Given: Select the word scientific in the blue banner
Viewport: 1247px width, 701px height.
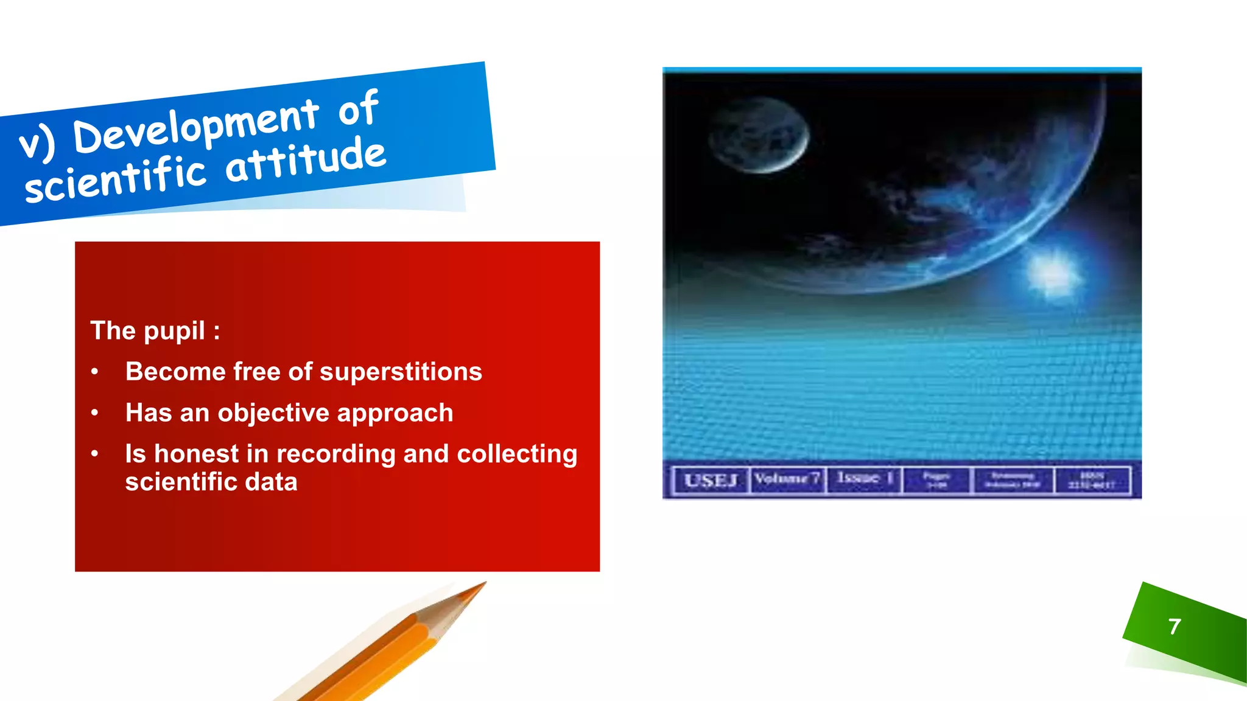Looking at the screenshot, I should [116, 181].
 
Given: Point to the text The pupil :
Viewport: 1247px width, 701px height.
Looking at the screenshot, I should [155, 330].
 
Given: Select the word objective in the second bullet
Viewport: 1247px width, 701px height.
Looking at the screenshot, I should [273, 413].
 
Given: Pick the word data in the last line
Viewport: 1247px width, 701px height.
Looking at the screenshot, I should [270, 482].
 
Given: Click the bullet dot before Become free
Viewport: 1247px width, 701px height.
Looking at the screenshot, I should [94, 372].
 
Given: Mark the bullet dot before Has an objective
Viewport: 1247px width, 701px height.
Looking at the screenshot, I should [94, 413].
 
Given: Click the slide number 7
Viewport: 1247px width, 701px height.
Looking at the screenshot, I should [1175, 626].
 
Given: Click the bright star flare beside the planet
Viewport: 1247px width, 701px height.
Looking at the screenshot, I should [1052, 272].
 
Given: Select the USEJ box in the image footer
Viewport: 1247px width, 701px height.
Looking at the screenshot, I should [711, 480].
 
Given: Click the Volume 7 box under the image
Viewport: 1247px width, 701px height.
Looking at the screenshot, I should [787, 479].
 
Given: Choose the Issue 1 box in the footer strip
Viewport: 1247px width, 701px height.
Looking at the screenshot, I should [863, 479].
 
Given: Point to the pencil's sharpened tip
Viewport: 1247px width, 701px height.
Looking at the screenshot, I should [481, 585].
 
